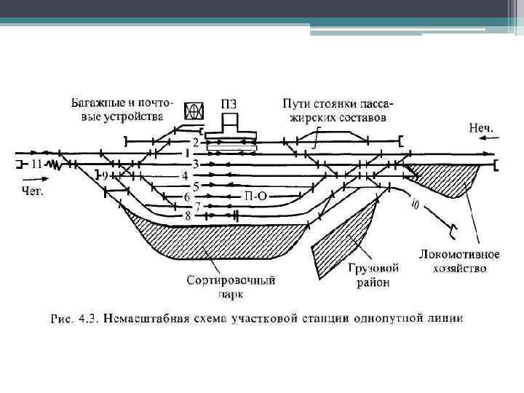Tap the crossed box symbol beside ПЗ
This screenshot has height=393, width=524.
(194, 111)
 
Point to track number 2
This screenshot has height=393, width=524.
(195, 141)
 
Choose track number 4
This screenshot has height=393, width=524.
(186, 175)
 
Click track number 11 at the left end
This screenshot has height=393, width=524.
(35, 164)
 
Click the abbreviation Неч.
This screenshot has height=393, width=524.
(480, 128)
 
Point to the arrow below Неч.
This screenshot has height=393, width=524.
(480, 154)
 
